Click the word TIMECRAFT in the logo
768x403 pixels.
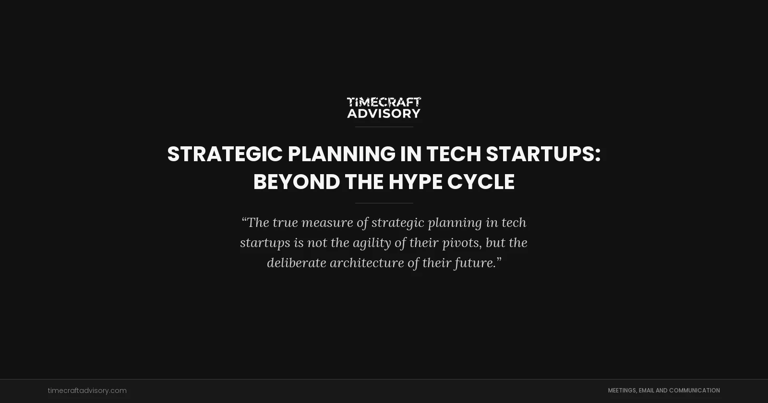(384, 102)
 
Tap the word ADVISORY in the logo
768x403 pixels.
(384, 113)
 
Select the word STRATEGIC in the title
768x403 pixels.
(225, 154)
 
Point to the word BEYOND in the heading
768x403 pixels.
(296, 182)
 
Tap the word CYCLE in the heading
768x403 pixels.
(481, 182)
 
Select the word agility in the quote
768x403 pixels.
(372, 243)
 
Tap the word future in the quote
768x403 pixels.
(475, 263)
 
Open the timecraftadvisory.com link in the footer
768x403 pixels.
(87, 391)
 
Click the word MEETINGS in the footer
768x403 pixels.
(622, 391)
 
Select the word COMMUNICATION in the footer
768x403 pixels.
(694, 391)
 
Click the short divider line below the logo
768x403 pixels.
(384, 127)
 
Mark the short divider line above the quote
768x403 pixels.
(384, 203)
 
